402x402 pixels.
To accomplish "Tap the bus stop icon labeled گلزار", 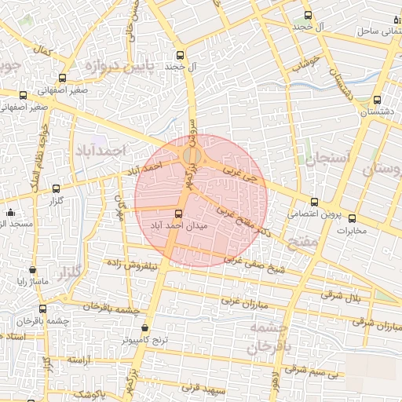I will pyautogui.click(x=56, y=188).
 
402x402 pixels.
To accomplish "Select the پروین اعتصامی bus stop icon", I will pyautogui.click(x=314, y=202).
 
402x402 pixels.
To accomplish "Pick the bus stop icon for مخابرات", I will pyautogui.click(x=352, y=218).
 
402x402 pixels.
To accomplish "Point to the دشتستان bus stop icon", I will pyautogui.click(x=377, y=100).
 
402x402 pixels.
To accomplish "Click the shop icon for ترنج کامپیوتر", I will pyautogui.click(x=144, y=328).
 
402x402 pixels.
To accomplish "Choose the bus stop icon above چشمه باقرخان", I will pyautogui.click(x=42, y=309).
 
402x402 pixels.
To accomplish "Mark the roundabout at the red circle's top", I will pyautogui.click(x=191, y=157).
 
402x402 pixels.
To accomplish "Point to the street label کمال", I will pyautogui.click(x=42, y=50).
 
